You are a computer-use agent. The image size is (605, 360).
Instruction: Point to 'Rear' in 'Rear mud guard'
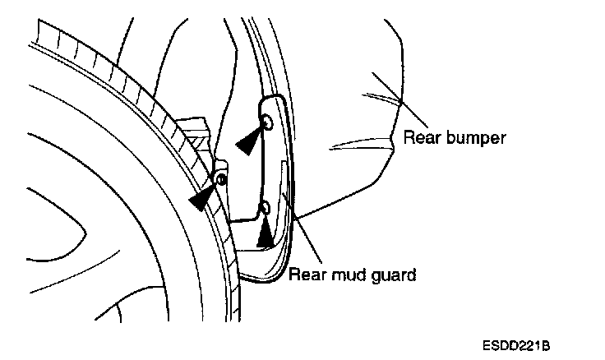[x=306, y=274]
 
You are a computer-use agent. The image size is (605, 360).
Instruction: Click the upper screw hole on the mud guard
[x=267, y=122]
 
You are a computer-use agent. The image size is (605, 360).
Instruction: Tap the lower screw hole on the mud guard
[x=265, y=207]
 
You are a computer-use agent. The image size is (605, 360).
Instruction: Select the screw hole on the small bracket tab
[x=219, y=179]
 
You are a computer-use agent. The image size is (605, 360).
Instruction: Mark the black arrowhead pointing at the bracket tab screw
[x=202, y=197]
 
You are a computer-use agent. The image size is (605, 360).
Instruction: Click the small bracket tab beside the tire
[x=221, y=173]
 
